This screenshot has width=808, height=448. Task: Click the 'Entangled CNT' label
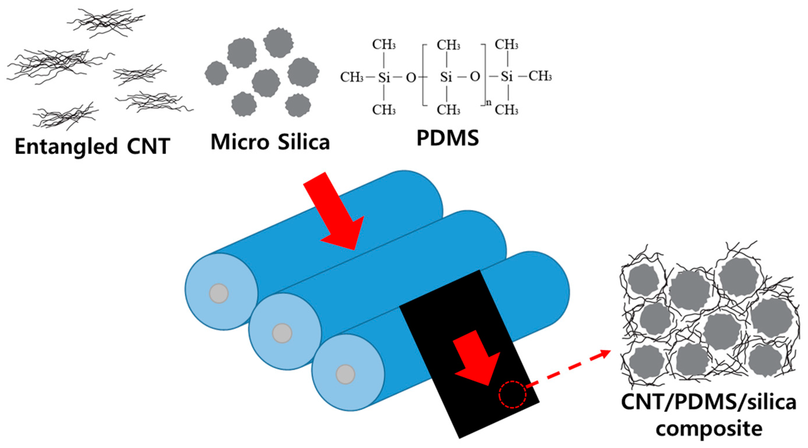[x=93, y=146]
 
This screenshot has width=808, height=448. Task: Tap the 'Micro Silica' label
[x=270, y=142]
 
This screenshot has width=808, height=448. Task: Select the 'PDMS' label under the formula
[x=448, y=138]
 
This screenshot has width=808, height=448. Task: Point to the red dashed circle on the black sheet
[x=512, y=394]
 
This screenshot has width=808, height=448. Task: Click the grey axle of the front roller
[x=345, y=374]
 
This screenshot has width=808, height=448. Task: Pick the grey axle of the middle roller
[x=282, y=333]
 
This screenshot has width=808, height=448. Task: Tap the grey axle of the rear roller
[x=219, y=293]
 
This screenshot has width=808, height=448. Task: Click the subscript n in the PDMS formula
[x=489, y=102]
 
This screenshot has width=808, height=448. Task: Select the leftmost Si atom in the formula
[x=384, y=77]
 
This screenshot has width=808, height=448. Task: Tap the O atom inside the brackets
[x=475, y=76]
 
